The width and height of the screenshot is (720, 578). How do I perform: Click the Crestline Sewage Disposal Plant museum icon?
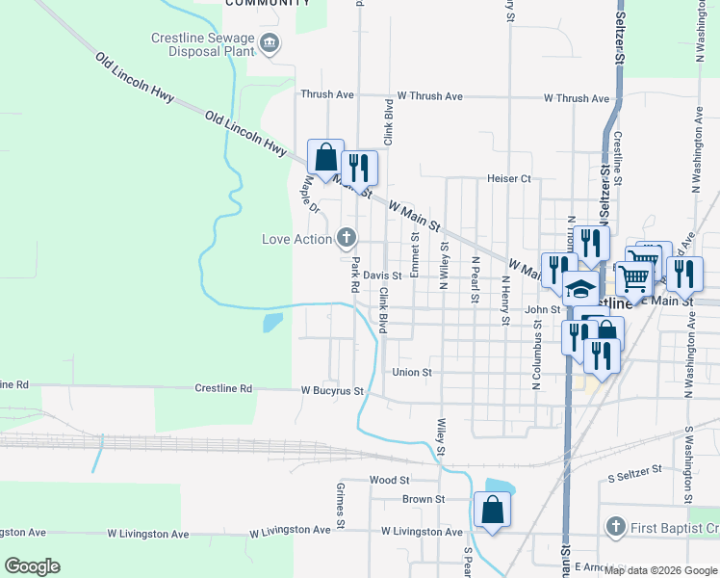(x=270, y=41)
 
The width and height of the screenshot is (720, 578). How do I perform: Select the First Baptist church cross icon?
(x=615, y=527)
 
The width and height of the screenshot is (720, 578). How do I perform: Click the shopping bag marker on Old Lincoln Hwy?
(x=325, y=159)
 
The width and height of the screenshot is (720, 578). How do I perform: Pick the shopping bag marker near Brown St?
(x=492, y=511)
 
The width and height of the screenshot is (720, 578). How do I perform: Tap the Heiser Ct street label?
(x=509, y=179)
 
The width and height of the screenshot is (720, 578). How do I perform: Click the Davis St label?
(x=382, y=276)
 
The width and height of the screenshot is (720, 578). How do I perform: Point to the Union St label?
(x=412, y=372)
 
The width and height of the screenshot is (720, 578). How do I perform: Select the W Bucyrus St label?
(x=332, y=391)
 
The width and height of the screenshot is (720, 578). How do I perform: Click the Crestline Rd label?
(x=223, y=388)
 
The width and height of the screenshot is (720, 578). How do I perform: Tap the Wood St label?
(x=390, y=480)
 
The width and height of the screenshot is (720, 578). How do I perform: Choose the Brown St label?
(x=423, y=499)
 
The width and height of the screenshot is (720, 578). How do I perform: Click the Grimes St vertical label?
(x=341, y=506)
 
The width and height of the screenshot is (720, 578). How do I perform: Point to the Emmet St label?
(x=415, y=254)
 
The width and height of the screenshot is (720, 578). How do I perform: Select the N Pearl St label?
(x=475, y=279)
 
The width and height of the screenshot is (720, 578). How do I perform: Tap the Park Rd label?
(x=354, y=275)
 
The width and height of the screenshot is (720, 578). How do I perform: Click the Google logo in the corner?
(x=32, y=566)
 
